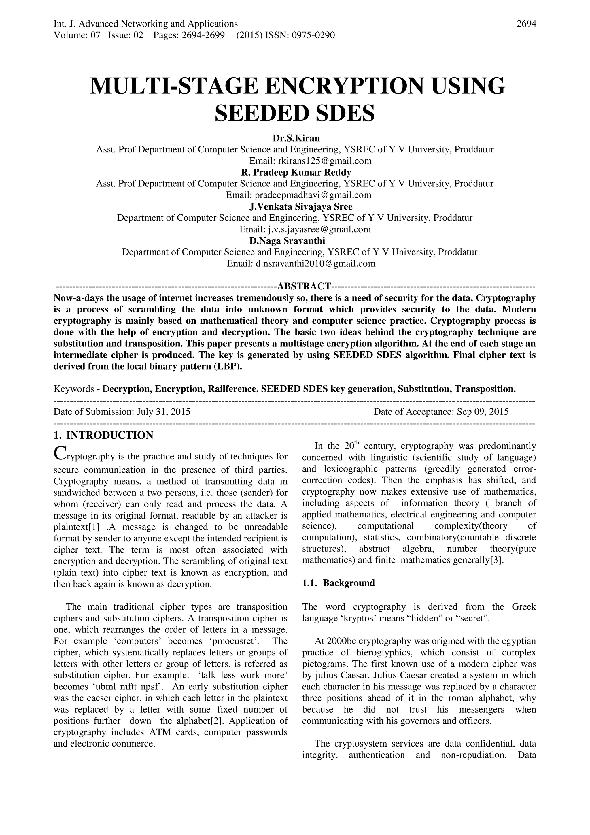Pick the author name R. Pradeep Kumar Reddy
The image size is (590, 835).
296,172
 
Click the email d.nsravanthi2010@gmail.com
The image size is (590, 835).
315,264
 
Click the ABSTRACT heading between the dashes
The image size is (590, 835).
304,286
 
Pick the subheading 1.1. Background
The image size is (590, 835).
339,583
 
